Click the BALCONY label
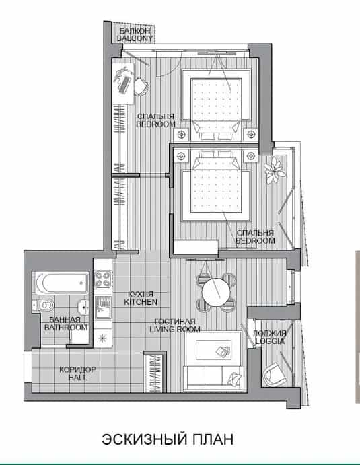click(x=135, y=38)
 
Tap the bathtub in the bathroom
click(x=62, y=283)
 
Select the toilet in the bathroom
click(x=44, y=305)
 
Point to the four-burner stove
click(x=103, y=280)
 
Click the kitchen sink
click(x=103, y=308)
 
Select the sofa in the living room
click(x=213, y=378)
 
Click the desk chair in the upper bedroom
click(x=141, y=86)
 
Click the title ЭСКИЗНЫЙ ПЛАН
click(x=168, y=439)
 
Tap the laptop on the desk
click(x=124, y=85)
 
